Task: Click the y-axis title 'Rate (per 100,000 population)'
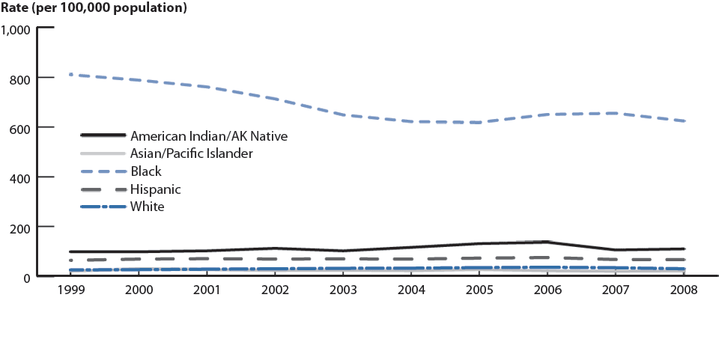pyautogui.click(x=94, y=9)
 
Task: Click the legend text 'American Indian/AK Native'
pyautogui.click(x=208, y=135)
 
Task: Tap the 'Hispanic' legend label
pyautogui.click(x=155, y=189)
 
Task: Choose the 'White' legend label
pyautogui.click(x=147, y=207)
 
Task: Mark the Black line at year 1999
pyautogui.click(x=70, y=75)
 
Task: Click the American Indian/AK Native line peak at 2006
pyautogui.click(x=547, y=242)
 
